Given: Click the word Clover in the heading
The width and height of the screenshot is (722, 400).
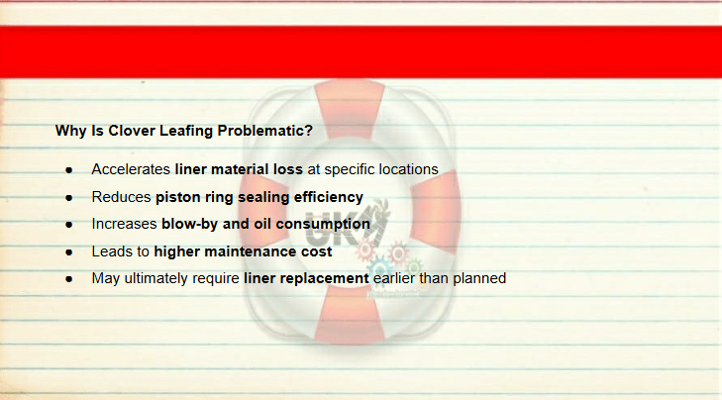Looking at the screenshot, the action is (132, 131).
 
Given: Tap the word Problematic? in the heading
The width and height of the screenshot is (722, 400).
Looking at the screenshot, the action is (264, 131).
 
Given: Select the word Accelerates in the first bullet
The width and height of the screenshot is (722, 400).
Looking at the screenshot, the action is (131, 169).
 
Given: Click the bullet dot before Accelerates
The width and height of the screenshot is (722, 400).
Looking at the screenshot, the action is (69, 170).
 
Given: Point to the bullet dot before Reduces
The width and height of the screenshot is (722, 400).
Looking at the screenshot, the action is (69, 198).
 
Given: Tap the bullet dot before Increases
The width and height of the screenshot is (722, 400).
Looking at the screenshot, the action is (69, 225).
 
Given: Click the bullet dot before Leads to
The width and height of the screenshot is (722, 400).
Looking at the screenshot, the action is (69, 252).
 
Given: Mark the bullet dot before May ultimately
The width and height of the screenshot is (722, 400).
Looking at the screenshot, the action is (69, 279).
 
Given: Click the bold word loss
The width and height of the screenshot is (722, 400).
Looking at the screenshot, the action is (288, 169).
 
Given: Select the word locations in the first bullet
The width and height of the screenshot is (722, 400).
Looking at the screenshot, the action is (408, 169).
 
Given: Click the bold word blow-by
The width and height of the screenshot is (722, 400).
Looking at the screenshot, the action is (190, 224).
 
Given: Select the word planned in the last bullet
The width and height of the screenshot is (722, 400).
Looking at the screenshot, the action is (479, 278).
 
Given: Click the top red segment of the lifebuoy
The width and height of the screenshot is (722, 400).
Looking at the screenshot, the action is (349, 108).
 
